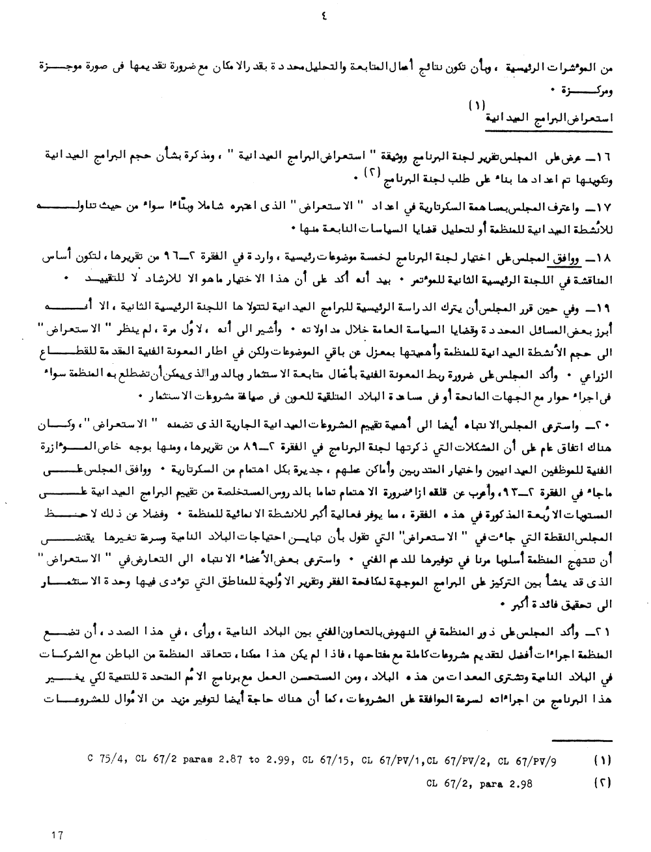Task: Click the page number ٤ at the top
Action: [324, 18]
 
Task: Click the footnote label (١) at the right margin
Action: [603, 759]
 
